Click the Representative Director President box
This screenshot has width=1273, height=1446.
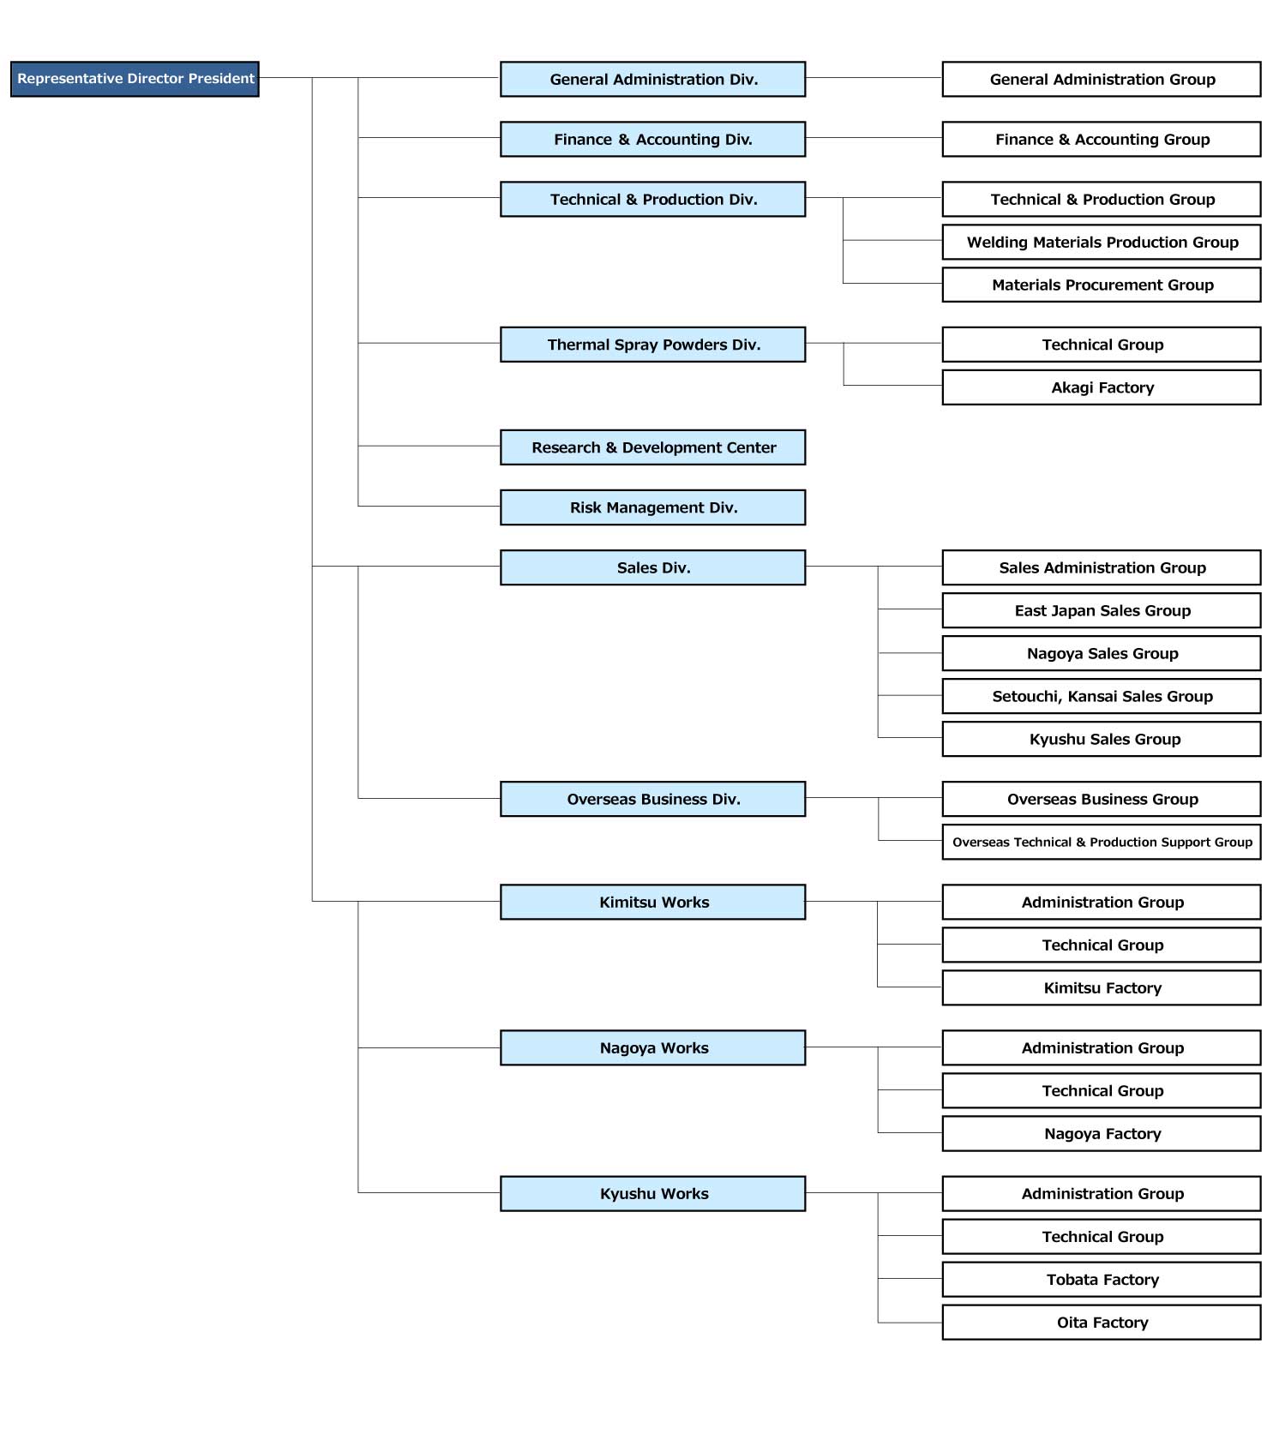(x=135, y=79)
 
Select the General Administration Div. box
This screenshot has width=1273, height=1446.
(x=653, y=79)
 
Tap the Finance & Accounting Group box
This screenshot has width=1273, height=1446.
(x=1102, y=139)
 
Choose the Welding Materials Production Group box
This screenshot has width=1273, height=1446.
(x=1102, y=242)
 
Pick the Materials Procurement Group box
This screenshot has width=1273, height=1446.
(x=1102, y=285)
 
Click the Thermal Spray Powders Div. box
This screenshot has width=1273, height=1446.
(x=653, y=345)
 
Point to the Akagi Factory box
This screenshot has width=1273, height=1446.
(x=1102, y=387)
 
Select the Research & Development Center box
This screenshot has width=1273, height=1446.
(x=653, y=447)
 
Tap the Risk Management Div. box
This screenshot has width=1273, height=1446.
(x=653, y=507)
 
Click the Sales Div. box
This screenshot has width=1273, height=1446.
(x=653, y=567)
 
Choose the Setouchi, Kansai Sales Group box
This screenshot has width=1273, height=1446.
(x=1102, y=696)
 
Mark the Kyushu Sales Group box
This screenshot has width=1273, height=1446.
(x=1102, y=739)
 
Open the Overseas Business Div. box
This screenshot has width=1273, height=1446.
(x=653, y=799)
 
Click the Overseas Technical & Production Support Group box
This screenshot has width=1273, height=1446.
(x=1102, y=842)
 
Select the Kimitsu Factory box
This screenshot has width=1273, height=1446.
(x=1102, y=987)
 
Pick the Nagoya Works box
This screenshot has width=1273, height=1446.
(x=653, y=1047)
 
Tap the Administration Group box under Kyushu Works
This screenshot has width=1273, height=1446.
(x=1102, y=1193)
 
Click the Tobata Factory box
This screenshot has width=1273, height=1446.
(x=1102, y=1279)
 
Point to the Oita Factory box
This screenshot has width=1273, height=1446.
(x=1102, y=1322)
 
